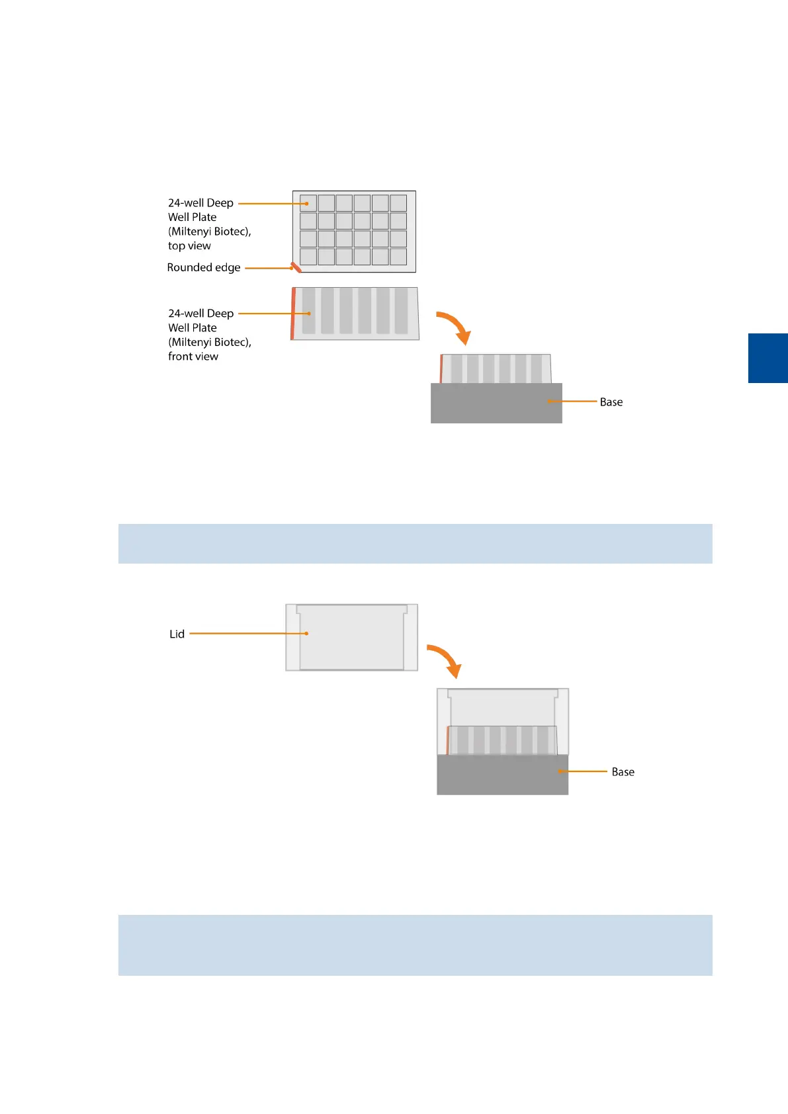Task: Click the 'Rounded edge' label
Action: pos(204,268)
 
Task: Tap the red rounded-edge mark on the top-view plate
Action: pos(296,267)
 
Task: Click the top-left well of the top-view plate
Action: pos(308,202)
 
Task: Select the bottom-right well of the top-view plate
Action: pos(398,257)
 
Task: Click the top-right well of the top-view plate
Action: pos(398,202)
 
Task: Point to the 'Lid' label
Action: pos(177,634)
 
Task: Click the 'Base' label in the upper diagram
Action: pos(611,402)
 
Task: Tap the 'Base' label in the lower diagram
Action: pos(623,772)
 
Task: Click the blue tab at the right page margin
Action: pos(767,358)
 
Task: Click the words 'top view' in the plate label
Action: pos(189,246)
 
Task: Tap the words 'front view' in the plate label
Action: pos(193,357)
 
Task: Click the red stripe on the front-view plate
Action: pos(293,314)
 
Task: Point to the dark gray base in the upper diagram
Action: pos(490,404)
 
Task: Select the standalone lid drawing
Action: pos(351,637)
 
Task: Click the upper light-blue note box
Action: pos(415,544)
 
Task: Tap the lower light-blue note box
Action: pos(415,945)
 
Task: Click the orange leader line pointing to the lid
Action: pos(248,634)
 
